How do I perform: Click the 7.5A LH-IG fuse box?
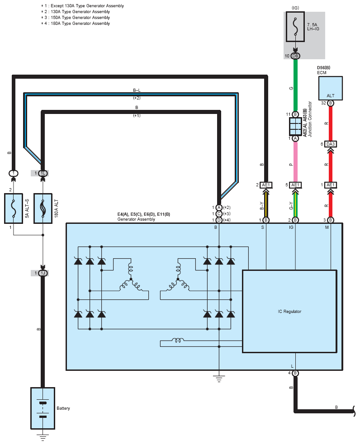(295, 27)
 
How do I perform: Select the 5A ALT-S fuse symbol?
(14, 208)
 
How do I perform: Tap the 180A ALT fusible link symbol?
(43, 208)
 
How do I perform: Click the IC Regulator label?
(289, 311)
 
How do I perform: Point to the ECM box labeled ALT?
(331, 88)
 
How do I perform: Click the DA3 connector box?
(331, 144)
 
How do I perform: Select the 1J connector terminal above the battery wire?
(43, 273)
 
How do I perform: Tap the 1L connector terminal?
(43, 173)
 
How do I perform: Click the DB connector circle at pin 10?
(295, 56)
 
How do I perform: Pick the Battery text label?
(63, 408)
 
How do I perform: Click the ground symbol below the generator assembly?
(219, 379)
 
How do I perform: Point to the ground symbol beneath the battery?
(43, 437)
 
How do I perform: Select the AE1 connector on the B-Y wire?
(266, 185)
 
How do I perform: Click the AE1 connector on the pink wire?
(295, 185)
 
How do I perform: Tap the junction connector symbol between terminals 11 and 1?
(295, 126)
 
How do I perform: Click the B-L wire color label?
(137, 90)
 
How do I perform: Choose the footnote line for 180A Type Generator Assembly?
(76, 24)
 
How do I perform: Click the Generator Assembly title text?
(136, 219)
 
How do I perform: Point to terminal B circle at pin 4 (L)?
(295, 373)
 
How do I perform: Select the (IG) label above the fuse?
(295, 8)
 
